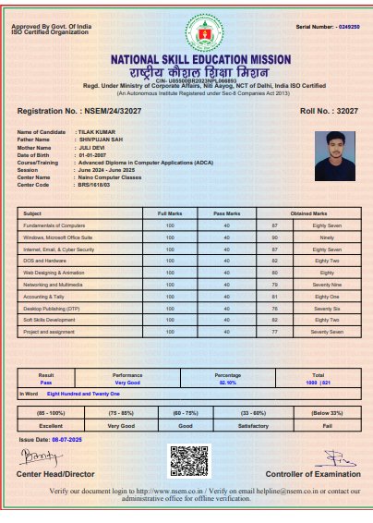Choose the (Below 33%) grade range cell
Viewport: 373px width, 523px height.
329,412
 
